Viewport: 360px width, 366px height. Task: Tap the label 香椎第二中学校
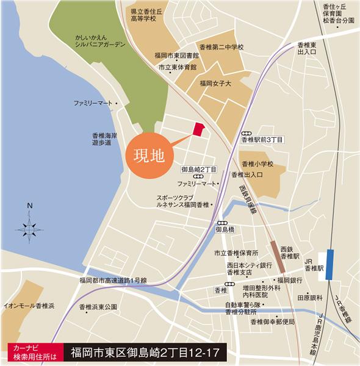(x=221, y=47)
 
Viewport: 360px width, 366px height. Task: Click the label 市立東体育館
(x=178, y=67)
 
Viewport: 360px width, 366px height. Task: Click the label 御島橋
(x=225, y=230)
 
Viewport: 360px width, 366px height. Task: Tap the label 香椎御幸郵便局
(x=268, y=321)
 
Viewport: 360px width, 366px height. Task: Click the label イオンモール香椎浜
(x=29, y=304)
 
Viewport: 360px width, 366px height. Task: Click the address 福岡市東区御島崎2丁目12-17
(x=145, y=352)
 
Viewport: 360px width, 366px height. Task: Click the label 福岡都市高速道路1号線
(x=117, y=280)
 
